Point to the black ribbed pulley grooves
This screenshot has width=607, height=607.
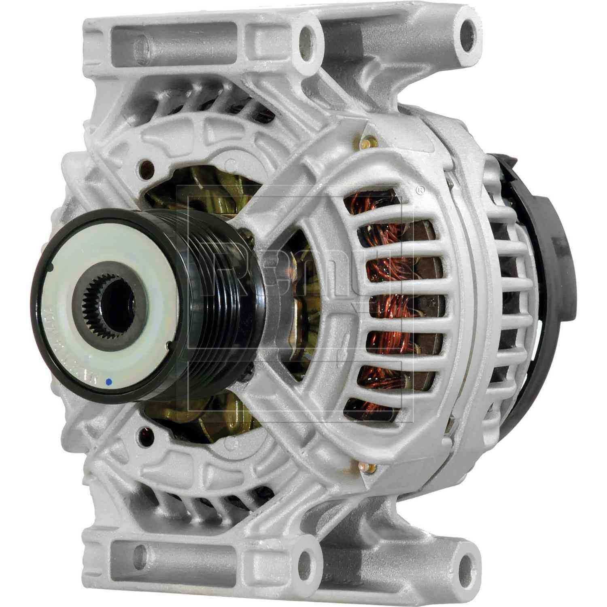pos(227,299)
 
